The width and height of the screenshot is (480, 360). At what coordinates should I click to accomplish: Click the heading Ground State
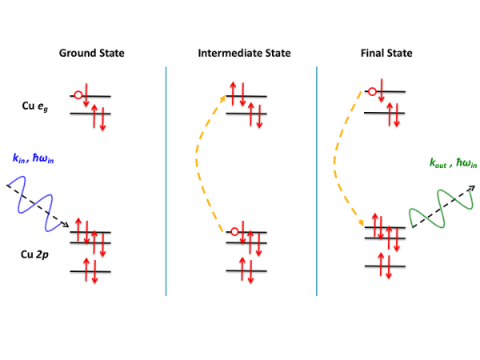pos(91,54)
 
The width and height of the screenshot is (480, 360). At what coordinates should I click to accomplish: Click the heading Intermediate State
pos(244,54)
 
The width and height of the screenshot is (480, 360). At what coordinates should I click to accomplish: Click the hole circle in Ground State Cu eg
pos(78,96)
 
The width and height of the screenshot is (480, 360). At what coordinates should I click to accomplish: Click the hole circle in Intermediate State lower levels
pos(233,232)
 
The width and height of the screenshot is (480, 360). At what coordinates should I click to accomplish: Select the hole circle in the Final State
pos(371,92)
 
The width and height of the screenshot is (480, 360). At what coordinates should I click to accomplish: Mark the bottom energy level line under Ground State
pos(90,271)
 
